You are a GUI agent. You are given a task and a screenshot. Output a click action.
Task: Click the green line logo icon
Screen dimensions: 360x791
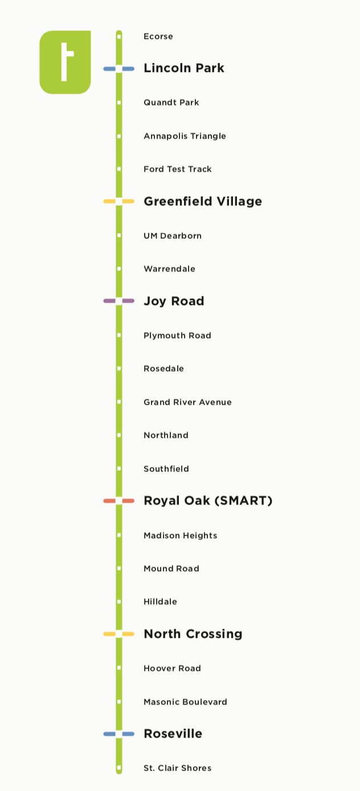pyautogui.click(x=65, y=62)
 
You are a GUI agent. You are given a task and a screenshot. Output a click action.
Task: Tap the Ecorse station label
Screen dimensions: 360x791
pyautogui.click(x=158, y=36)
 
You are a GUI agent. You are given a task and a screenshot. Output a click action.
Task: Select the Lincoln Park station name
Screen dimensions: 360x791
pyautogui.click(x=183, y=68)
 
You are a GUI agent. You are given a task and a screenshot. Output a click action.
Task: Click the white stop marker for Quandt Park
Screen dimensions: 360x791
pyautogui.click(x=119, y=103)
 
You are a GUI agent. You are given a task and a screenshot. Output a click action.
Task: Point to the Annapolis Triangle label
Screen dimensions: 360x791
pyautogui.click(x=185, y=136)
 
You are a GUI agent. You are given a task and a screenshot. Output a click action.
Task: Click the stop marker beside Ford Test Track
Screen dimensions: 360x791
pyautogui.click(x=119, y=169)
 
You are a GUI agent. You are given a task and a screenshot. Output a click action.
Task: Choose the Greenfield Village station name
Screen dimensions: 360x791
pyautogui.click(x=203, y=201)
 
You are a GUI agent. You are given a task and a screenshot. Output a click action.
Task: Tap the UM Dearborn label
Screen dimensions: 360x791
pyautogui.click(x=172, y=236)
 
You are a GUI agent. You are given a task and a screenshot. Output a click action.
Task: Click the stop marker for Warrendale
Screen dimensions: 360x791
pyautogui.click(x=119, y=269)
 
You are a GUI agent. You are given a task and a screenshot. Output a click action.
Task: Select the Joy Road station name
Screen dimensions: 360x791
pyautogui.click(x=174, y=301)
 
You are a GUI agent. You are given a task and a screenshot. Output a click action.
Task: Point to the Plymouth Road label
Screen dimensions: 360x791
pyautogui.click(x=177, y=336)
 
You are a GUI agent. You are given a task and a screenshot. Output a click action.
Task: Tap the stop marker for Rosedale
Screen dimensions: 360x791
pyautogui.click(x=119, y=369)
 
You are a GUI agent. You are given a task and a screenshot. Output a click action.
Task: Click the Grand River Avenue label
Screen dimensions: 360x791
pyautogui.click(x=187, y=402)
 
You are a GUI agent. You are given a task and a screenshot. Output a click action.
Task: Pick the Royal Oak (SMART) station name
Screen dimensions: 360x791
pyautogui.click(x=208, y=501)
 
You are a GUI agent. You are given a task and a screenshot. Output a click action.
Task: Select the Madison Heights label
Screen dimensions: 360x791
pyautogui.click(x=180, y=536)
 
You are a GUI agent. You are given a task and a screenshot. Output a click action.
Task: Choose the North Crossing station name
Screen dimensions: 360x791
pyautogui.click(x=193, y=634)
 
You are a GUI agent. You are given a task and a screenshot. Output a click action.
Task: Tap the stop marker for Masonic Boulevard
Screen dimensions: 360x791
pyautogui.click(x=119, y=702)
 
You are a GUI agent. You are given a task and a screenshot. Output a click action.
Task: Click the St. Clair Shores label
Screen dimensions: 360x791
pyautogui.click(x=177, y=768)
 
